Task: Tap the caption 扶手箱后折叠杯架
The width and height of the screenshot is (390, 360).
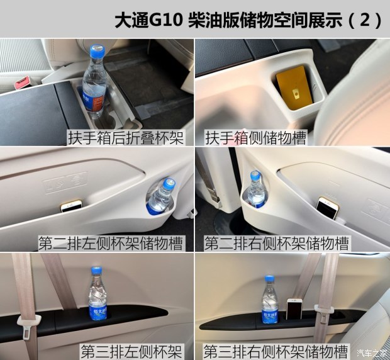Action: point(126,138)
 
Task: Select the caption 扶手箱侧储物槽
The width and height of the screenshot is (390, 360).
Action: point(255,138)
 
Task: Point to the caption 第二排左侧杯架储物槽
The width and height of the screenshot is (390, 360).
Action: point(111,244)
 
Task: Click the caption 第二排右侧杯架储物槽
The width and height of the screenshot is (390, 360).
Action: point(277,244)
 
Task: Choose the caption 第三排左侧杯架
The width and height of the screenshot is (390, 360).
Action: point(131,351)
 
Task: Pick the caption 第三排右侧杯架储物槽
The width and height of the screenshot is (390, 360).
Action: point(276,351)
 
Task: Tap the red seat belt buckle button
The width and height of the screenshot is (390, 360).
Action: point(22,82)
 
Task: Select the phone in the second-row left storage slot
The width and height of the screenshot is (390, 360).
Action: point(72,206)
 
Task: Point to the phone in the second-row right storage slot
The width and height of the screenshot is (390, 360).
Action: point(327,208)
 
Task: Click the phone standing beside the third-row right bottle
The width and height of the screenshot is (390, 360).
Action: point(294,309)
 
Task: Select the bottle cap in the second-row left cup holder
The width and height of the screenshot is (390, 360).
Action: point(169,183)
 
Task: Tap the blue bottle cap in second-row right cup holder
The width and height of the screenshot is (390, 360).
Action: point(255,175)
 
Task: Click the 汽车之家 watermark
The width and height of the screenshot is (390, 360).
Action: point(372,353)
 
